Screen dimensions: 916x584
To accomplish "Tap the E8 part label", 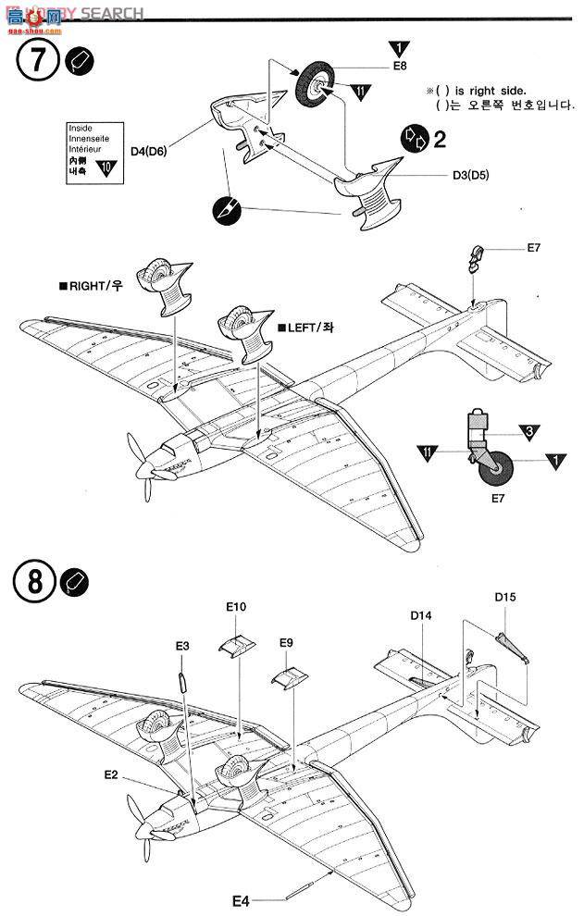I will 399,67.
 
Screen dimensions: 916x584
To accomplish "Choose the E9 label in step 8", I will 287,641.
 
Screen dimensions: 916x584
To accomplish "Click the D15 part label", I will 504,597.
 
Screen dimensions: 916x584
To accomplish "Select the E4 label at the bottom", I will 241,899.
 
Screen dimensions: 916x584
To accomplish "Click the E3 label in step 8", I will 182,645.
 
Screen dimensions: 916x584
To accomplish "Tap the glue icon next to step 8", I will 76,584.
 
